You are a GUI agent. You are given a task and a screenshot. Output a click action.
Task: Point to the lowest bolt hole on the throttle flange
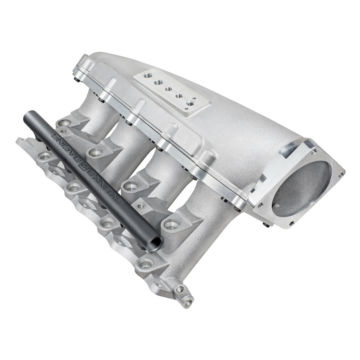(x=293, y=222)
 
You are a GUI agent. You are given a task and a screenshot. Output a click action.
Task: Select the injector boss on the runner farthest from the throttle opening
(x=64, y=122)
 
